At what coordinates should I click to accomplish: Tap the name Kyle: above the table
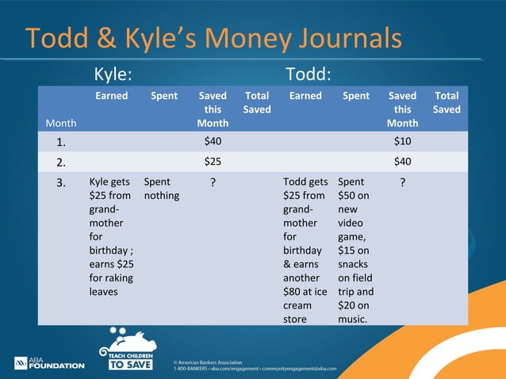[x=113, y=75]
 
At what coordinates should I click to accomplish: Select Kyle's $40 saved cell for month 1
[x=212, y=141]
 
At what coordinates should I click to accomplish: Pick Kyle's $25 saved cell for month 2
[x=212, y=162]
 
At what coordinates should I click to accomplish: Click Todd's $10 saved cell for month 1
[x=402, y=141]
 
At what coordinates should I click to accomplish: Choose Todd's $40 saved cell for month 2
[x=402, y=162]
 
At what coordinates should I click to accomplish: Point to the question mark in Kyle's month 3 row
[x=212, y=182]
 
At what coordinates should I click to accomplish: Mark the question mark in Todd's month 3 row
[x=402, y=182]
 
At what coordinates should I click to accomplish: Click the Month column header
[x=61, y=123]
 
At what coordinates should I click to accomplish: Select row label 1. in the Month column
[x=61, y=141]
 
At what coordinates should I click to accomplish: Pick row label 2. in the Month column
[x=61, y=162]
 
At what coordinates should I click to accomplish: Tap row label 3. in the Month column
[x=61, y=182]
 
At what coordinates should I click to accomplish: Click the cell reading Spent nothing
[x=161, y=189]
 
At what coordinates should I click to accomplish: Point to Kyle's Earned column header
[x=112, y=96]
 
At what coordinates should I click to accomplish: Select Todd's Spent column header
[x=355, y=96]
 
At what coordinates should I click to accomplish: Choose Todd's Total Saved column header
[x=447, y=102]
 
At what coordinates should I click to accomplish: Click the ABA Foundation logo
[x=48, y=362]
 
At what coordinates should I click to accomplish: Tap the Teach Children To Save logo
[x=126, y=350]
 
